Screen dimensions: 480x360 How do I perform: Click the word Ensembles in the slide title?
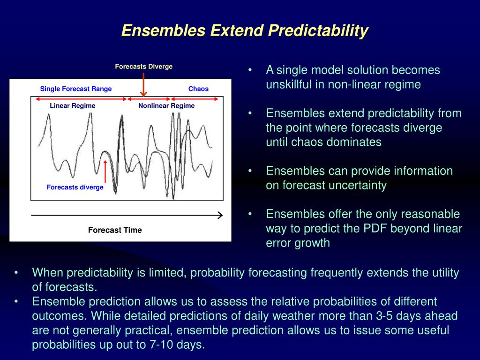coord(164,30)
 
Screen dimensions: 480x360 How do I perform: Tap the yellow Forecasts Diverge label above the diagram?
coord(143,67)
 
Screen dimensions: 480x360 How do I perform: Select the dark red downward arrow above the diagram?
coord(143,84)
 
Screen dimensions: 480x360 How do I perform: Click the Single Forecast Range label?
coord(76,89)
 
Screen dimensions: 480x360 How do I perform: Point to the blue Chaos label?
coord(198,89)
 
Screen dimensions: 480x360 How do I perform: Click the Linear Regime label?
coord(73,105)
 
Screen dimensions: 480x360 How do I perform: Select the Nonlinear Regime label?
coord(166,105)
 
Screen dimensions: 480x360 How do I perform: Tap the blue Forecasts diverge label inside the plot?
coord(75,187)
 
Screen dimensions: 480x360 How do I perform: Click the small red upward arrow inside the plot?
coord(105,172)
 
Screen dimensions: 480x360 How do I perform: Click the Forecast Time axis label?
coord(115,230)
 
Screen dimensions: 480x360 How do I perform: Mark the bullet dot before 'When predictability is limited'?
coord(16,272)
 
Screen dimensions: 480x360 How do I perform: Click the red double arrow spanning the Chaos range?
coord(195,99)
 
